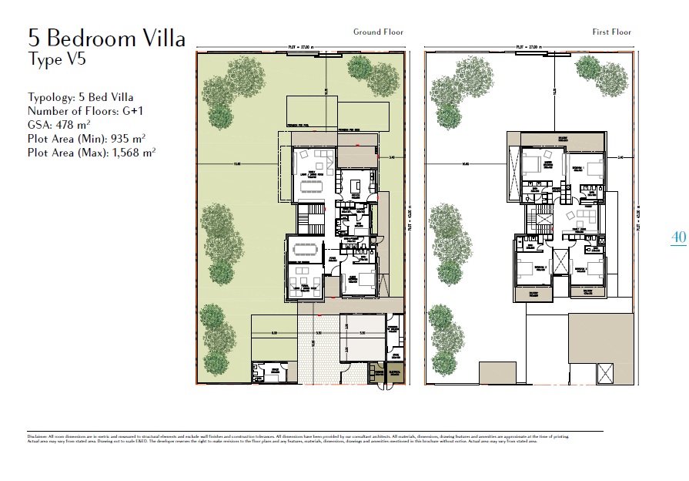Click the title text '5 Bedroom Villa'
[x=106, y=38]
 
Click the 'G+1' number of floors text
[x=130, y=111]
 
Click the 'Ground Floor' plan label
[x=378, y=32]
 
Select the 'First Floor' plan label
[x=611, y=32]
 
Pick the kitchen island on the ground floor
[x=355, y=186]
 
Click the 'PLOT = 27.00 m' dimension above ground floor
[x=301, y=47]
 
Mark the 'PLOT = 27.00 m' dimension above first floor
[x=531, y=47]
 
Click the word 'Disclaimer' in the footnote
[x=37, y=436]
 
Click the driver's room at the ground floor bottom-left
[x=269, y=373]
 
